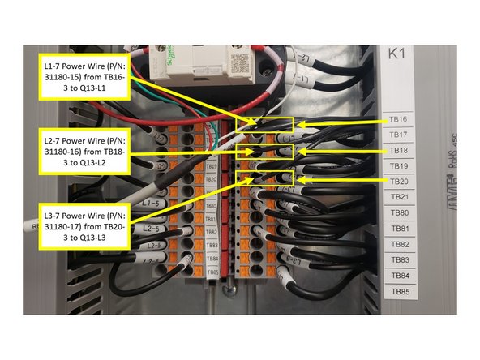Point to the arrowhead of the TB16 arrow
297,124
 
